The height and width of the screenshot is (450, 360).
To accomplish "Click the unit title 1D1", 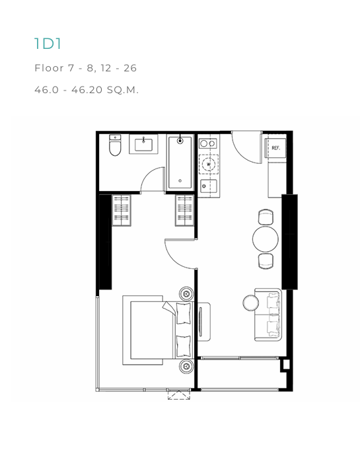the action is [x=48, y=44].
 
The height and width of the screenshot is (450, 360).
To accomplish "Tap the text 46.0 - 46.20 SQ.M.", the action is [x=87, y=90].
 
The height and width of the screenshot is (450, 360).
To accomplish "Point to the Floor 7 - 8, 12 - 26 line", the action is [x=85, y=68].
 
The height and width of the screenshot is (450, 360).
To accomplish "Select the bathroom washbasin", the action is [x=143, y=144].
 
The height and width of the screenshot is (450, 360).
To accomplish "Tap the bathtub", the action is [x=180, y=163].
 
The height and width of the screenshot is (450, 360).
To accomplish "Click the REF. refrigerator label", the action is [x=275, y=148].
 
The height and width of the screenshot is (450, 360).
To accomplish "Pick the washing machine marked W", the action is [x=209, y=165].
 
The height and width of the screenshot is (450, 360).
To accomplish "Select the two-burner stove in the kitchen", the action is [x=208, y=143].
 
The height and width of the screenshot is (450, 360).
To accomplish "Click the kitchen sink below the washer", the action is [x=209, y=186].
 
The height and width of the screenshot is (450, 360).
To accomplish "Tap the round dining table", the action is [x=266, y=239].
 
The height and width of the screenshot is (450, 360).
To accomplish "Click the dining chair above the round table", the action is [x=266, y=217].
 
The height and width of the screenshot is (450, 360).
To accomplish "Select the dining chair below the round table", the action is [x=266, y=261].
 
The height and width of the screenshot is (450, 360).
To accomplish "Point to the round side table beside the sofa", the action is [x=251, y=303].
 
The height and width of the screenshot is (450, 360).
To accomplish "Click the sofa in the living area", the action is [x=268, y=315].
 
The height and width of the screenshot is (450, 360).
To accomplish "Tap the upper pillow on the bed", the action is [x=184, y=313].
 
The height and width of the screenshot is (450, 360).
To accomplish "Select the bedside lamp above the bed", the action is [x=186, y=293].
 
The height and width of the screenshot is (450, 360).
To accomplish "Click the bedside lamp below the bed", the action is [x=186, y=366].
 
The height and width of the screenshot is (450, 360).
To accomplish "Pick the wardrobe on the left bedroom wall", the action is [x=122, y=210].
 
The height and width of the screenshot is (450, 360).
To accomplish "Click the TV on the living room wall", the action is [x=200, y=322].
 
